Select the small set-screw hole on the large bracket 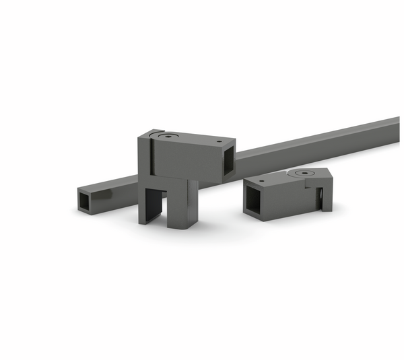coord(219,143)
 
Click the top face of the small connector coord(283,178)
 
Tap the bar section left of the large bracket coord(114,188)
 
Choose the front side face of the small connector coord(290,199)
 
